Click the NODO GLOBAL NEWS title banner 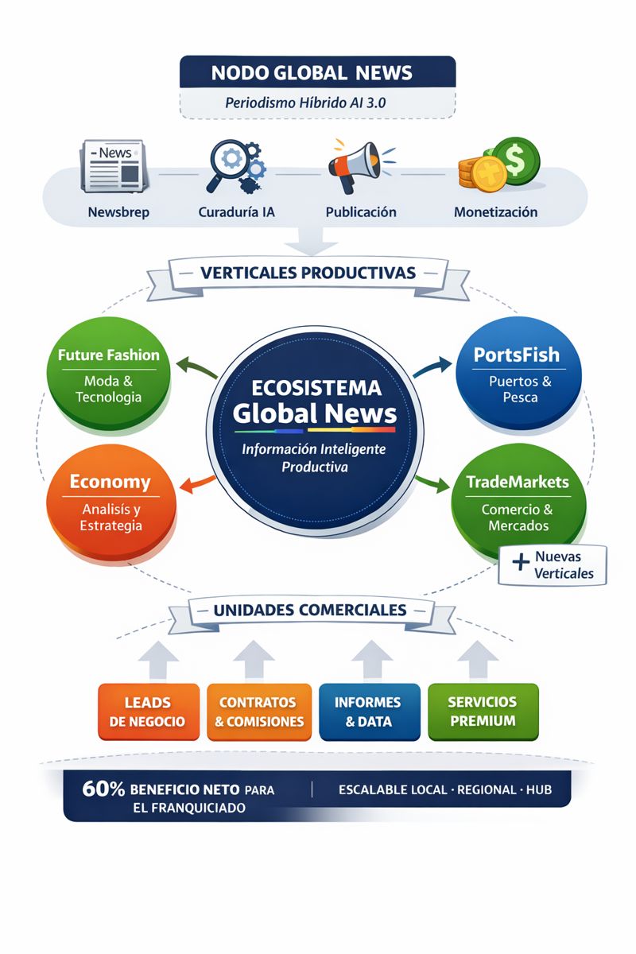317,72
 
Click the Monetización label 495,212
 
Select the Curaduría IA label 236,212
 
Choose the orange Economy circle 110,501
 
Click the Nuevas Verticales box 553,565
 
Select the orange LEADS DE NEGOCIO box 148,712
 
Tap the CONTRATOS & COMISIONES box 258,712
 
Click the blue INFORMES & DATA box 368,712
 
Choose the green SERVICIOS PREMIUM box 483,712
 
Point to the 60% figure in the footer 103,789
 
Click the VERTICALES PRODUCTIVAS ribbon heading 308,273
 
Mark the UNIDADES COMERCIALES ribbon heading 310,611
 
